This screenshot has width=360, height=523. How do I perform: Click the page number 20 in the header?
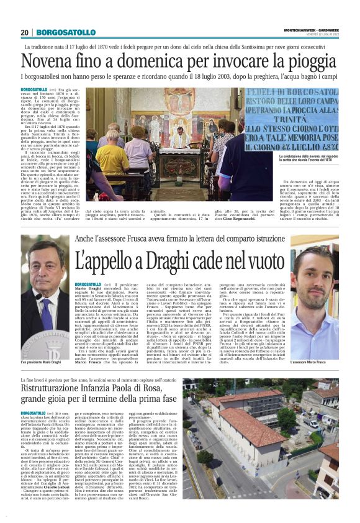(x=25, y=32)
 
